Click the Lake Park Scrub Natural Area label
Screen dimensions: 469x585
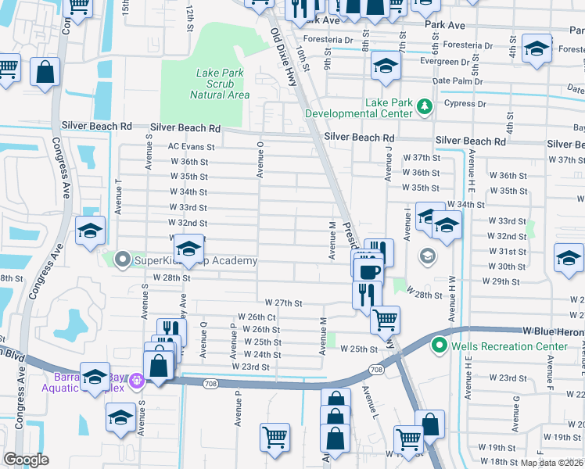click(x=222, y=84)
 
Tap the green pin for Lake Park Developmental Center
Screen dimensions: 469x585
click(x=425, y=105)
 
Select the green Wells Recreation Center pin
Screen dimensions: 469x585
click(x=440, y=345)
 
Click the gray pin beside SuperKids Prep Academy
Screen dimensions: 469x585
click(x=122, y=260)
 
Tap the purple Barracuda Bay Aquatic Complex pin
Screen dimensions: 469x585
click(x=138, y=381)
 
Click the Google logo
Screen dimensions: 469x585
click(x=26, y=460)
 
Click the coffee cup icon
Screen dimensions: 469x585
click(x=368, y=271)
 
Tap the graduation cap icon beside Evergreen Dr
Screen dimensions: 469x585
click(x=386, y=66)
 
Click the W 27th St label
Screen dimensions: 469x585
click(x=283, y=303)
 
